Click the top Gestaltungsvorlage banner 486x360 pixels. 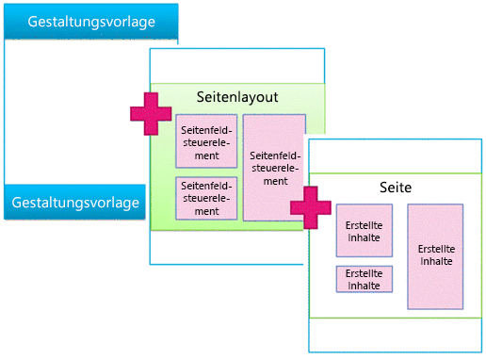tap(90, 22)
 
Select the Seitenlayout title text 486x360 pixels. tap(237, 97)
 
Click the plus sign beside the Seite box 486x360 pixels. tap(310, 207)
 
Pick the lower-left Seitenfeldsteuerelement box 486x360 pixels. tap(205, 198)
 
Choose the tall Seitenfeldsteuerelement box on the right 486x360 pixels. tap(274, 167)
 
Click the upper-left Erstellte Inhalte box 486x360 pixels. tap(364, 231)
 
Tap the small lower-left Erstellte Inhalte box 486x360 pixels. tap(364, 279)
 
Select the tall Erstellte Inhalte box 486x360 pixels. tap(435, 255)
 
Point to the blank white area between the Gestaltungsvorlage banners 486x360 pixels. tap(75, 113)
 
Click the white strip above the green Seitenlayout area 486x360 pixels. tap(237, 66)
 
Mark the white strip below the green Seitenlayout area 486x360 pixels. tap(226, 247)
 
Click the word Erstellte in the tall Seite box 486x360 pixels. tap(435, 249)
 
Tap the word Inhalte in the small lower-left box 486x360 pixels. tap(364, 285)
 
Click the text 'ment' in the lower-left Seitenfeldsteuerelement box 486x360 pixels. tap(205, 212)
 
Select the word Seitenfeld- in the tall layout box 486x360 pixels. tap(274, 155)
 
